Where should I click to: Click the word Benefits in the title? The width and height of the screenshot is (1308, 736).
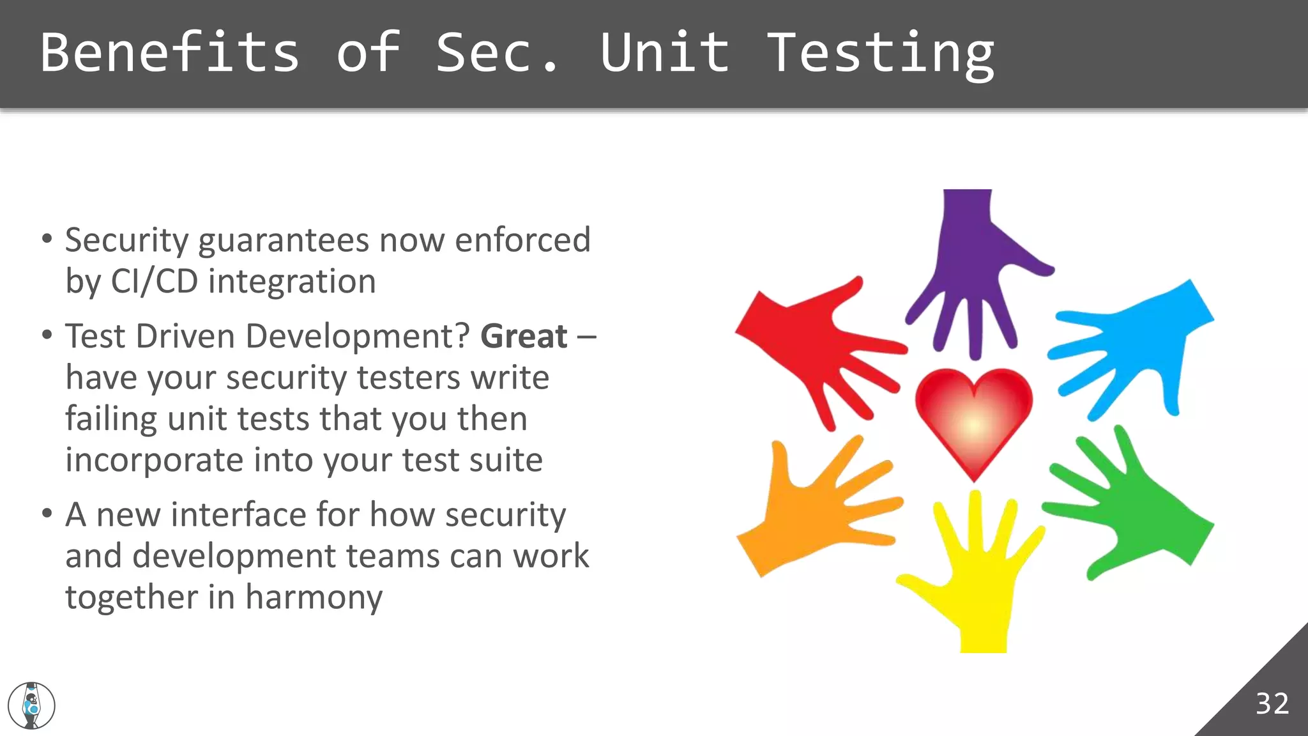tap(170, 52)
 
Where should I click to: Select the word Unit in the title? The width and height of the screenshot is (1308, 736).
tap(664, 52)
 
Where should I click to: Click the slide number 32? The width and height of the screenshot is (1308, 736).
tap(1272, 703)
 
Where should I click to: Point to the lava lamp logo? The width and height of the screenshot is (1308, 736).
tap(31, 705)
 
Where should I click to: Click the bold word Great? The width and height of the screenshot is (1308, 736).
tap(524, 337)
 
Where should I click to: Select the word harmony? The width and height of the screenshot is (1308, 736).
tap(314, 598)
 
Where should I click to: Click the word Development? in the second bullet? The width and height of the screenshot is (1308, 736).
tap(358, 337)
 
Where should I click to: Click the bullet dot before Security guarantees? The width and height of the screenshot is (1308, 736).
tap(47, 240)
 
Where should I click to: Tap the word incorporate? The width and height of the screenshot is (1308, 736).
tap(154, 461)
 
